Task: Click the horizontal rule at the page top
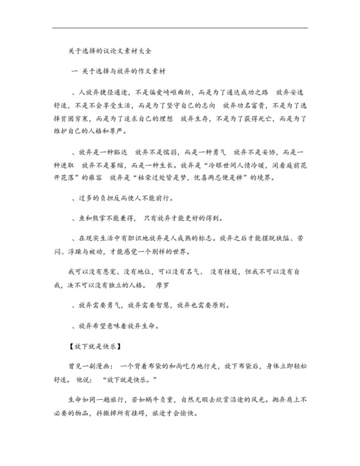[x=179, y=28]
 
